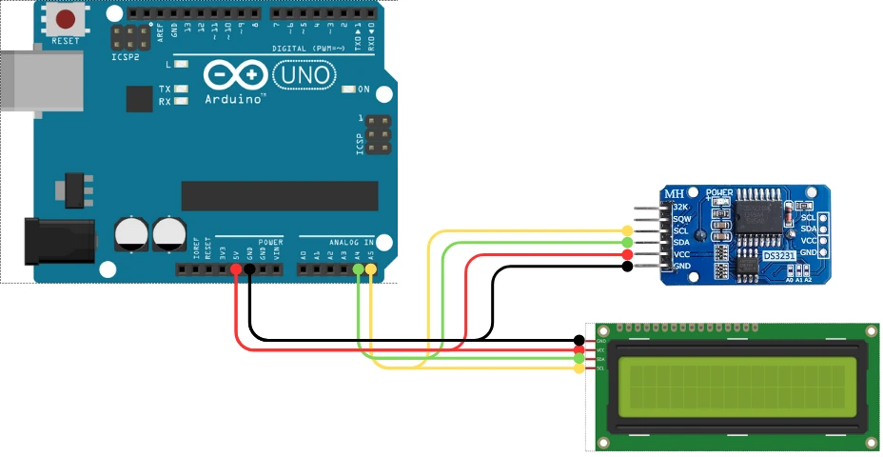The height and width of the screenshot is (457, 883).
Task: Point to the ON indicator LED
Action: click(349, 89)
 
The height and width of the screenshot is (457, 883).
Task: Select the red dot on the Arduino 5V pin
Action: click(235, 270)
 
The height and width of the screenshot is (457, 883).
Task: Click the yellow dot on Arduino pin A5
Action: click(371, 270)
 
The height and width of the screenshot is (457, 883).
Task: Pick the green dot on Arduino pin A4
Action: click(358, 270)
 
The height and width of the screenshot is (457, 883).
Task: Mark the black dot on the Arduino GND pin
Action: click(248, 270)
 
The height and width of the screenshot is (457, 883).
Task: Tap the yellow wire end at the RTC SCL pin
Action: click(627, 231)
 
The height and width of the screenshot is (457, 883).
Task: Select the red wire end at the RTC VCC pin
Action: click(627, 255)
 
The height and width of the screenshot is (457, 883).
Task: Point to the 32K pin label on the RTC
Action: click(679, 208)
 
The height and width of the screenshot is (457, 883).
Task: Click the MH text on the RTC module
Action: click(675, 193)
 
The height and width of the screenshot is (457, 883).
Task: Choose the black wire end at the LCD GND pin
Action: click(579, 341)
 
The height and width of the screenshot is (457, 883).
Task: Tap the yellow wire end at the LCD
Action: click(579, 369)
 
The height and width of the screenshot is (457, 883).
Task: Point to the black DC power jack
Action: click(57, 242)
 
